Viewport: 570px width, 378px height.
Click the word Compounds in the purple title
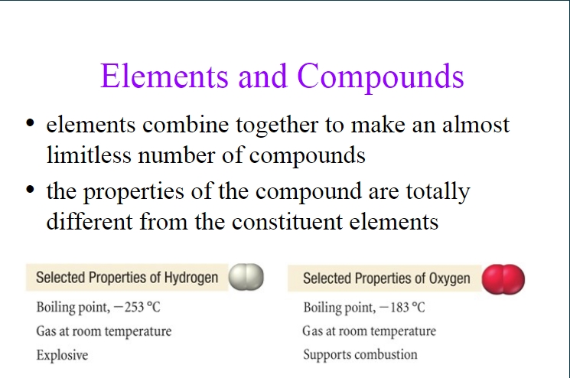380,77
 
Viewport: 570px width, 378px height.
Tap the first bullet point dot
30,122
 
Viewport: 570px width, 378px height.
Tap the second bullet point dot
30,189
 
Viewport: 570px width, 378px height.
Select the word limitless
89,155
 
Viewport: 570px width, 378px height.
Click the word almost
476,124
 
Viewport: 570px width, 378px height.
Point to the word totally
438,191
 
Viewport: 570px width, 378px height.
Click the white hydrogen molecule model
246,277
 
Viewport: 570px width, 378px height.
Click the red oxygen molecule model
503,279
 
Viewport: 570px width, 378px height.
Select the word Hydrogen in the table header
191,278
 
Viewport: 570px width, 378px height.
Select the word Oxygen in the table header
450,279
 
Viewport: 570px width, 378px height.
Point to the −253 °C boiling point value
137,307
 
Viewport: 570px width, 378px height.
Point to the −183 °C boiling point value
402,308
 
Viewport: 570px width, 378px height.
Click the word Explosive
62,355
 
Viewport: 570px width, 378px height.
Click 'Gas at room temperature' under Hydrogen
104,331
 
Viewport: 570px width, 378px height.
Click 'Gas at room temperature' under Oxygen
369,331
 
